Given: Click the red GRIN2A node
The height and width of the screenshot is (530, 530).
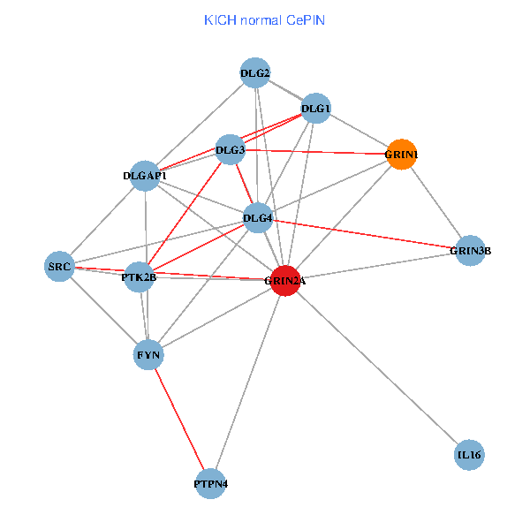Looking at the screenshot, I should pos(284,280).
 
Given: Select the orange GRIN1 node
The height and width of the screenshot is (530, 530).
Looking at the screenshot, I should pos(401,155).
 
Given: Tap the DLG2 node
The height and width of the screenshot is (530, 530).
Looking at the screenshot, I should pos(255,72).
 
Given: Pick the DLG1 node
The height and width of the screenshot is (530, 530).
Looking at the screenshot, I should pos(315,109).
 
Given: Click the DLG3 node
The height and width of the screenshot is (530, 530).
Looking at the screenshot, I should pos(231,149).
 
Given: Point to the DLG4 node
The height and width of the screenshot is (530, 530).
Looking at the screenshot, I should pos(257,217).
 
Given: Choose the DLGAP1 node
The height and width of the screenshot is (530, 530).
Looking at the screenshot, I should pos(146,175).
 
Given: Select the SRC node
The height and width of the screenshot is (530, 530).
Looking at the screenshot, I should pos(59,266).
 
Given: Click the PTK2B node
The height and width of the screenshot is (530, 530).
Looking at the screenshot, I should pos(139,277).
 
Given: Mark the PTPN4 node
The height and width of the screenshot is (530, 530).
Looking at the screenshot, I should pos(210,484).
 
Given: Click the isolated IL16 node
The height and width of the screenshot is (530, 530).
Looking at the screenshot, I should pos(469,456).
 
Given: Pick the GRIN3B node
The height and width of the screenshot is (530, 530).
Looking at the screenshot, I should pos(470,250).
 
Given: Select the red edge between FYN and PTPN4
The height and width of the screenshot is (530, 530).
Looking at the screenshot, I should pos(179,420).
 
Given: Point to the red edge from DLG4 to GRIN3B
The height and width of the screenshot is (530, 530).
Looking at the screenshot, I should pos(364,234).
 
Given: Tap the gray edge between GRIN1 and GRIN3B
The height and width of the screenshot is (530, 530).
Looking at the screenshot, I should pos(435,202).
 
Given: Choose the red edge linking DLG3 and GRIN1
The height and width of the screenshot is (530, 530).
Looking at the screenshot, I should pos(316,152).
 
